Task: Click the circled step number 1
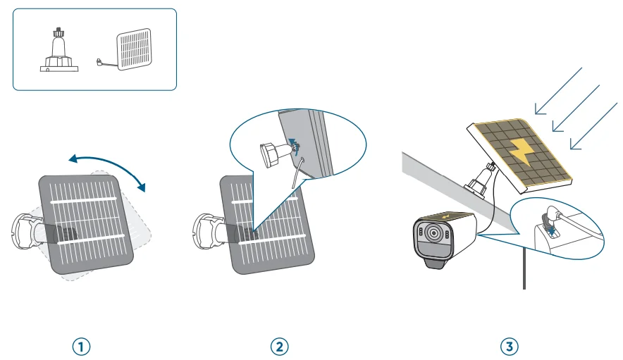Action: click(x=82, y=346)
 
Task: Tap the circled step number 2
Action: click(x=280, y=346)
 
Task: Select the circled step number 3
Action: click(x=509, y=346)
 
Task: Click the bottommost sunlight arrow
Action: click(x=593, y=127)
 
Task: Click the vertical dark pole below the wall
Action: click(x=524, y=267)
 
